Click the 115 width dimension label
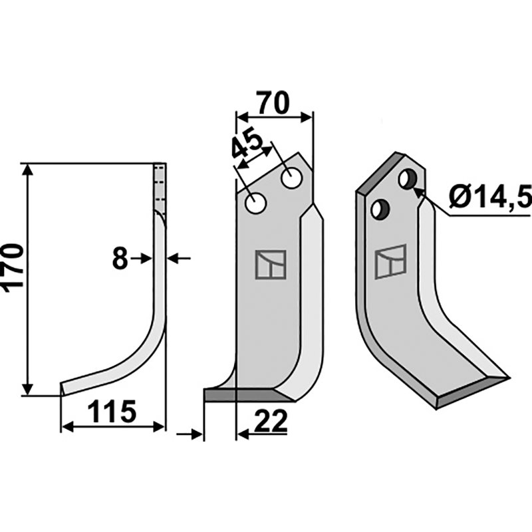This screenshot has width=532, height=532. [112, 412]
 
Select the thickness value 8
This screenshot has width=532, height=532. [120, 259]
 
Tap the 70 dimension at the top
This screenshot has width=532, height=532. [273, 103]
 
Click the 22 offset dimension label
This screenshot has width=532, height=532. [271, 422]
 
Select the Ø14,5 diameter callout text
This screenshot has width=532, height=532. [489, 198]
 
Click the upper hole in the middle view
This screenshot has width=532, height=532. [291, 178]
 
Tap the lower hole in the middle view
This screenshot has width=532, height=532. [255, 203]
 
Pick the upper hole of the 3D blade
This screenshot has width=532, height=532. [408, 178]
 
